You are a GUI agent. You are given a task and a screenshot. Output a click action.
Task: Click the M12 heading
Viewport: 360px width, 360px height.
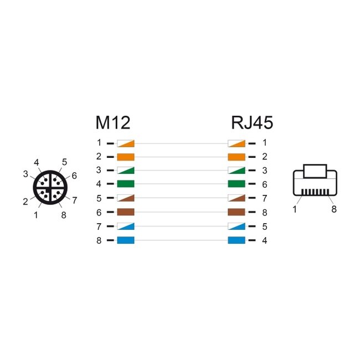point(112,122)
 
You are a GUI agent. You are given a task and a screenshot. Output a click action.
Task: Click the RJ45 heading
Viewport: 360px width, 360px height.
point(252,122)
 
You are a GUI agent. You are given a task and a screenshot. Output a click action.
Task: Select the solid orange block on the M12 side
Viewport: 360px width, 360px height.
point(126,157)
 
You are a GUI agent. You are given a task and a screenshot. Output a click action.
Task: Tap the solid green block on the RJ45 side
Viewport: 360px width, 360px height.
point(236,184)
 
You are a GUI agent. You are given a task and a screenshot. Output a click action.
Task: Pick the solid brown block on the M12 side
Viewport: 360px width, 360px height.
point(126,212)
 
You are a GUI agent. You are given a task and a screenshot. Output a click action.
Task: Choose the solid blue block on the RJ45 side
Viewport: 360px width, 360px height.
point(236,240)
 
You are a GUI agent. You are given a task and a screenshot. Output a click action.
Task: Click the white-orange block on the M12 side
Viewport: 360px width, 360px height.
point(126,143)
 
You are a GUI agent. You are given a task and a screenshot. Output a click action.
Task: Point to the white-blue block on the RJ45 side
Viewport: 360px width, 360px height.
point(236,226)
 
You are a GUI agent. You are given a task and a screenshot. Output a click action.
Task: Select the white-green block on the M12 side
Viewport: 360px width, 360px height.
point(126,171)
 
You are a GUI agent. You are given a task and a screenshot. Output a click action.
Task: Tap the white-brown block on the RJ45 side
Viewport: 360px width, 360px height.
point(236,198)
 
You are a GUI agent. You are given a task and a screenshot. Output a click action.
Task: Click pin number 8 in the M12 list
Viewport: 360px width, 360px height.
point(99,240)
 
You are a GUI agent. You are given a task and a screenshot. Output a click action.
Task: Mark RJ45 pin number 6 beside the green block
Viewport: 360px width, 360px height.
point(265,184)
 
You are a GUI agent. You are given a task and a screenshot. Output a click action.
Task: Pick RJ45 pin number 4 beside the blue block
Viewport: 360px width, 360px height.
point(265,240)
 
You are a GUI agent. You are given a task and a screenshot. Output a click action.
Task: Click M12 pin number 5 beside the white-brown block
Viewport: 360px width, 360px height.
point(99,198)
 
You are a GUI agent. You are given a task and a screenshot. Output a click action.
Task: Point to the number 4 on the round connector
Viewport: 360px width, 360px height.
point(36,163)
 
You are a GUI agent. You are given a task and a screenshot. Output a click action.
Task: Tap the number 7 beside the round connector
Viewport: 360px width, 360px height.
point(74,200)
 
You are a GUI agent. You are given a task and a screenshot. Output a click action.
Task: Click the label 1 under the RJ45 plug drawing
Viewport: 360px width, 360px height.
point(295,209)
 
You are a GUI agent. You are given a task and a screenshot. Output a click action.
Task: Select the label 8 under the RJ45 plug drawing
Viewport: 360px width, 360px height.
point(334,209)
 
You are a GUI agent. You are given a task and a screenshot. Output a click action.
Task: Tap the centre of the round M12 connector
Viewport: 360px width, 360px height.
point(49,187)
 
